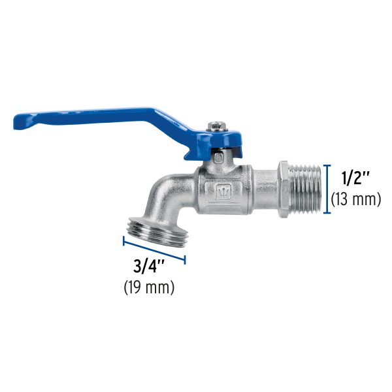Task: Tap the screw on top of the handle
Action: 215,125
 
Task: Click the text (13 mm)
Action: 356,199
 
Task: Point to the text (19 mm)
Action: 149,287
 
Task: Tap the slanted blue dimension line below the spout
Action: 154,250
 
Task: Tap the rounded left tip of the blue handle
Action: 20,122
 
